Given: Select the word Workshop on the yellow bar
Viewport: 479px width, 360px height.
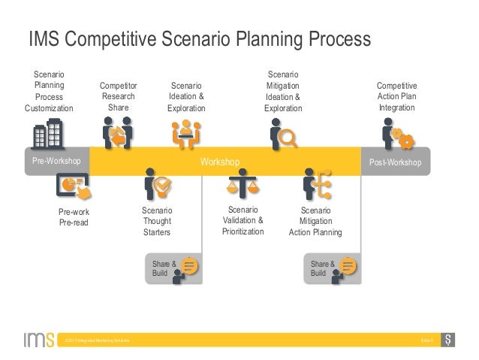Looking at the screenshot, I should pyautogui.click(x=219, y=162).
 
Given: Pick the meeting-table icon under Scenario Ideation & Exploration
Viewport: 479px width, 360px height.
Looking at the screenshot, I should pyautogui.click(x=183, y=134).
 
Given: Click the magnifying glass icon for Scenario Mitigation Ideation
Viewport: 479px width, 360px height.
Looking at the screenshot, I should pyautogui.click(x=283, y=135).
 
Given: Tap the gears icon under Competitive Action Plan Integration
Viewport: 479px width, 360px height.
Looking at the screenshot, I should pyautogui.click(x=397, y=136).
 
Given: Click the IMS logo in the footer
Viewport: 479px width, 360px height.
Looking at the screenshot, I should pyautogui.click(x=37, y=340).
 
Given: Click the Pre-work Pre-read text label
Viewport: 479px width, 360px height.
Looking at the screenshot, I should pyautogui.click(x=74, y=218).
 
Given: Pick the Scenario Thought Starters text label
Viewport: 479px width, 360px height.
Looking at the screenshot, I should pyautogui.click(x=157, y=222).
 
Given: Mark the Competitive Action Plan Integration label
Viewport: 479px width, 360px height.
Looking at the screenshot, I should pyautogui.click(x=396, y=98).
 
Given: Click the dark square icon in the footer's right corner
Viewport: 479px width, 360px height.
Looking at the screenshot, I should pyautogui.click(x=448, y=340).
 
